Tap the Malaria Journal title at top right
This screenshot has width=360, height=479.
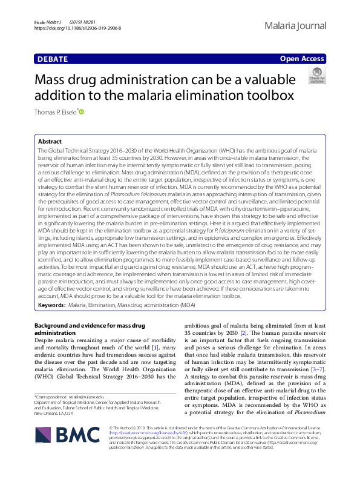[x=294, y=25]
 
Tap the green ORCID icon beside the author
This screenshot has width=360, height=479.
[x=82, y=112]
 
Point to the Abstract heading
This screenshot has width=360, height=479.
[x=50, y=140]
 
